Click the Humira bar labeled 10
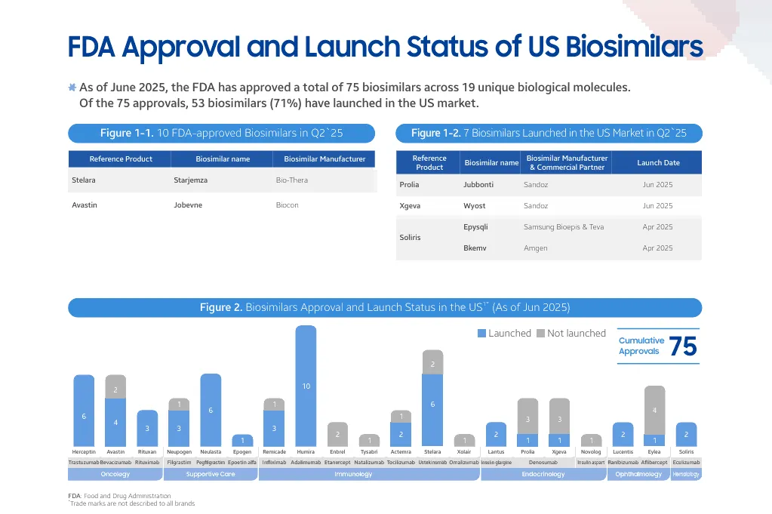coord(306,386)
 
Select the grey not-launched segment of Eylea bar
coord(654,410)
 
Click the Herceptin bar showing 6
coord(84,411)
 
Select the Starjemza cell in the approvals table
coord(190,180)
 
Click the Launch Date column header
coord(658,162)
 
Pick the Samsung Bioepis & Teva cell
coord(563,226)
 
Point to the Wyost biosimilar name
coord(474,205)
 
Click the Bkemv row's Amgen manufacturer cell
coord(535,248)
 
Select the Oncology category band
coord(115,475)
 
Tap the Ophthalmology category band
coord(638,475)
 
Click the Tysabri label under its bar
coord(369,451)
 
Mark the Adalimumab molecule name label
coord(306,462)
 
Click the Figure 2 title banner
coord(385,308)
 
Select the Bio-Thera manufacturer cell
coord(292,180)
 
